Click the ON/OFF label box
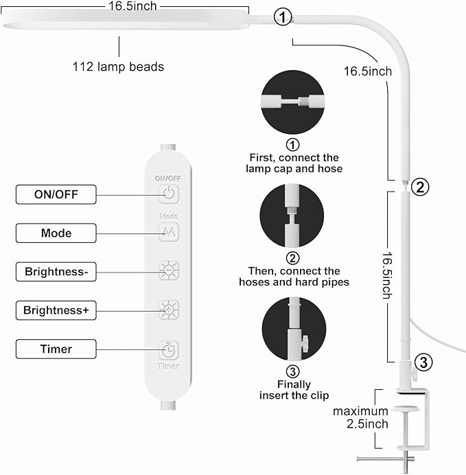[56, 195]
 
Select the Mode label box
[56, 233]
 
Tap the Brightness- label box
[56, 272]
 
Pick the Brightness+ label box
[56, 310]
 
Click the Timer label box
[56, 349]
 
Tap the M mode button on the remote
[169, 232]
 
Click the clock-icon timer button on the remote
[168, 349]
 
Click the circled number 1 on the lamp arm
[283, 18]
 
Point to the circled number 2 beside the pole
[421, 186]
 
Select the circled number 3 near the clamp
[423, 362]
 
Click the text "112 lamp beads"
[118, 67]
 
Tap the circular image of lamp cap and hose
[293, 101]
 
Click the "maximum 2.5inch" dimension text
[361, 417]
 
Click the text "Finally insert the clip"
[294, 390]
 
